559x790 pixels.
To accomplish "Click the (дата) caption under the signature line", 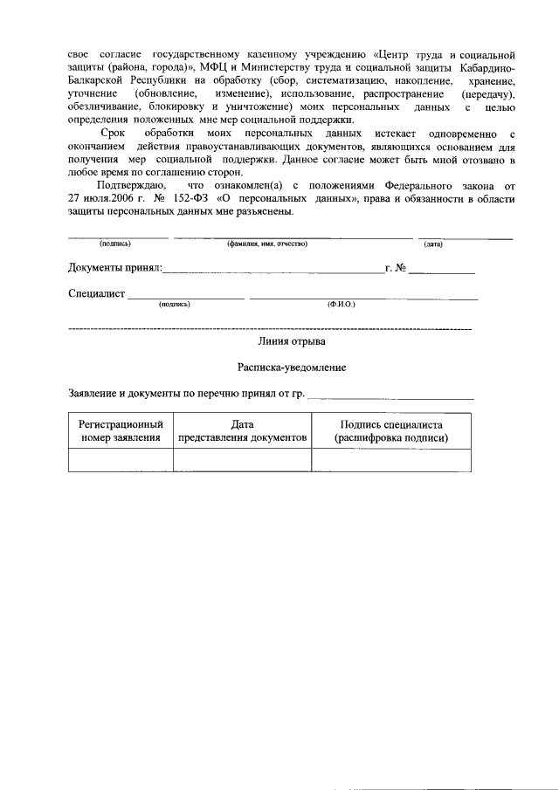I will [x=433, y=244].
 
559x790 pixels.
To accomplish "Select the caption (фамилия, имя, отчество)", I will [x=267, y=244].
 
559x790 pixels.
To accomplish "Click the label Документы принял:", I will [x=114, y=268].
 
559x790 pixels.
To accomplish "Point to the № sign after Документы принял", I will [x=401, y=268].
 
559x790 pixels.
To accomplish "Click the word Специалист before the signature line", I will [x=97, y=294].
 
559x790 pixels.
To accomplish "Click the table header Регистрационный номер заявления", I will [x=121, y=430].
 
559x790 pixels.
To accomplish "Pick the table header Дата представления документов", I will [x=242, y=430].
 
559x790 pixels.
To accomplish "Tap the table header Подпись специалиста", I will [x=392, y=430].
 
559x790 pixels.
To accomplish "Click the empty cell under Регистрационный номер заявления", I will [x=121, y=459].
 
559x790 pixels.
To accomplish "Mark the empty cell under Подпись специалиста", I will [x=392, y=459].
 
